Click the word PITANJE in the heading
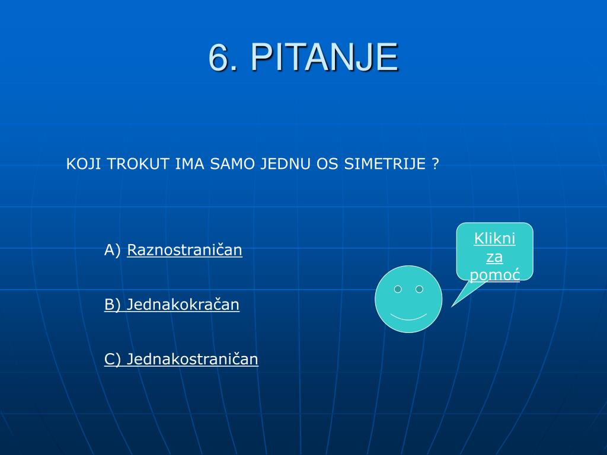[x=324, y=57]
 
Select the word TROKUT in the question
[x=138, y=164]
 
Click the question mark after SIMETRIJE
[x=435, y=164]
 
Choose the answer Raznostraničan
[x=185, y=250]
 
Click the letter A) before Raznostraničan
[x=112, y=250]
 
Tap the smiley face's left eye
[x=398, y=289]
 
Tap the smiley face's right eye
[x=419, y=289]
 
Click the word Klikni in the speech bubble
[x=495, y=238]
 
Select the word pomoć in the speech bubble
[x=495, y=275]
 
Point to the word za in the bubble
[x=495, y=257]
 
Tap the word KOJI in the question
[x=84, y=164]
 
